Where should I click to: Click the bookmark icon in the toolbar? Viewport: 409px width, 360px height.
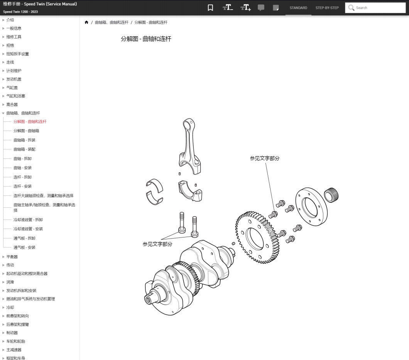[x=210, y=8]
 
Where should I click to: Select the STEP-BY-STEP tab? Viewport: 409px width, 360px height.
[x=327, y=8]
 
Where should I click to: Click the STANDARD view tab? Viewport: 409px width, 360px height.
[x=298, y=8]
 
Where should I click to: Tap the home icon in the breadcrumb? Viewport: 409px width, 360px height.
[x=86, y=22]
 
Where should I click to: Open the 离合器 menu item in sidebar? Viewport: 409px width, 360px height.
[x=12, y=104]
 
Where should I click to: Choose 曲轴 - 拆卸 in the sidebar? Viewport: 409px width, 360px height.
[x=22, y=158]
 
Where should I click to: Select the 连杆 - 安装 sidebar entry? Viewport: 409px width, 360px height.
[x=22, y=186]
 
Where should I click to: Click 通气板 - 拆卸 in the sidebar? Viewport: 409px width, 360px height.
[x=24, y=238]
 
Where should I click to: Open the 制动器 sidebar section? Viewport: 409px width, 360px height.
[x=12, y=333]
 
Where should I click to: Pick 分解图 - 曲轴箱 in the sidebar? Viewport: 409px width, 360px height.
[x=26, y=131]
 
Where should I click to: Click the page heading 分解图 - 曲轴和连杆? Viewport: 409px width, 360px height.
[x=146, y=39]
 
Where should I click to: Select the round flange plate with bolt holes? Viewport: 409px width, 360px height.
[x=311, y=207]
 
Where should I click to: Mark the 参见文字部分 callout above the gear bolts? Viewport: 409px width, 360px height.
[x=264, y=158]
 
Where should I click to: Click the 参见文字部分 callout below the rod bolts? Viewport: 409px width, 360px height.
[x=157, y=244]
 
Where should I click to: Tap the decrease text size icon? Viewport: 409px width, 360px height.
[x=228, y=8]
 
